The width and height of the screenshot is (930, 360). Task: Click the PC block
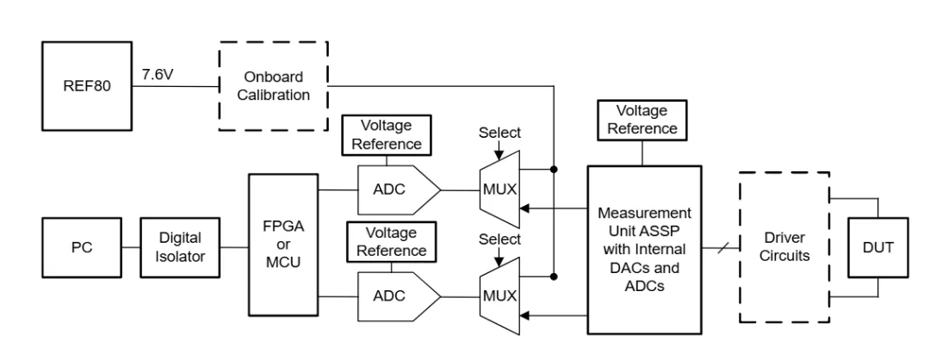pos(81,247)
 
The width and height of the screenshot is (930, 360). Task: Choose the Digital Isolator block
pos(179,247)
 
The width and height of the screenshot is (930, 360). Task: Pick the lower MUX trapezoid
pos(499,295)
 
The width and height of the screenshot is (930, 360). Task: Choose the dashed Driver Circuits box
pos(784,246)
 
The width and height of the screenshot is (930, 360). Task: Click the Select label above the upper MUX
pos(499,133)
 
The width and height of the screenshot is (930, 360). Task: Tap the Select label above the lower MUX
pos(499,240)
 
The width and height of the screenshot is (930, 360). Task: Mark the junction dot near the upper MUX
pos(553,169)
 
